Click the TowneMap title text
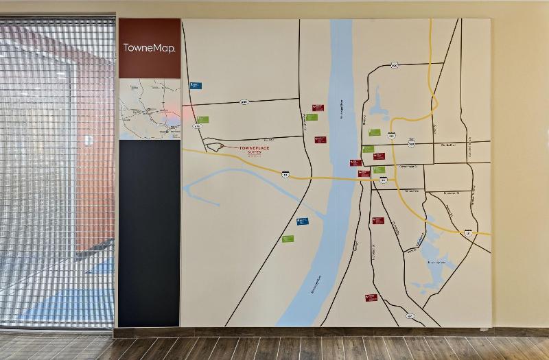coord(149,48)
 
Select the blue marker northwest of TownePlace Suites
coord(196,86)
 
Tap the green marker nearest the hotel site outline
coord(202,119)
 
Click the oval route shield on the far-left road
coord(198,127)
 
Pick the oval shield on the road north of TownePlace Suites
coord(244,101)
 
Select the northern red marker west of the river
coord(318,108)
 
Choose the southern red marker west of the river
coord(320,139)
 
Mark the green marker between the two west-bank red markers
coord(312,117)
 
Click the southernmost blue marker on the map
coord(302,221)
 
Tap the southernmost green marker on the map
coord(288,239)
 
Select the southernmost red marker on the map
coord(371,298)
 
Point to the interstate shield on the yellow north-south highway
coord(391,136)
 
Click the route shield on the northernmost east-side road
coord(394,65)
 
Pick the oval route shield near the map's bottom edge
coord(410,316)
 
